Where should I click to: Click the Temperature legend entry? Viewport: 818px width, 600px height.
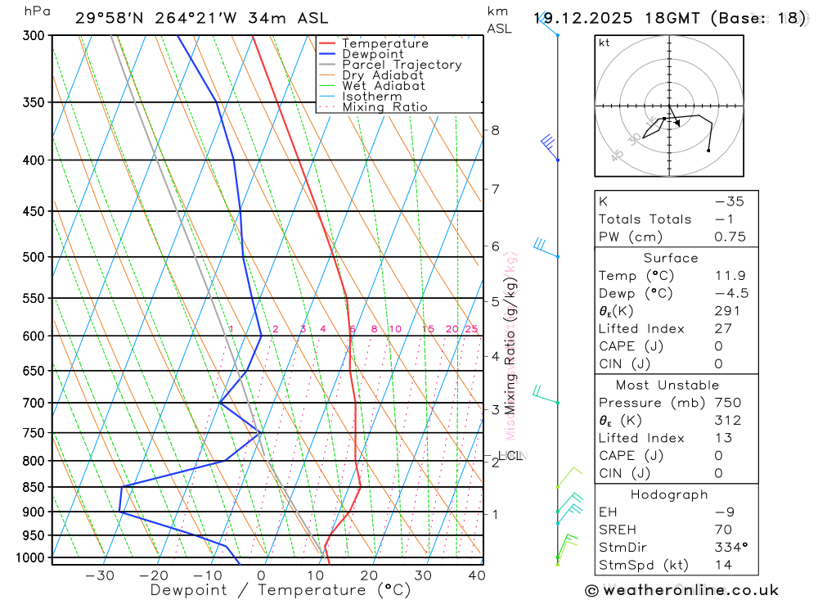point(384,43)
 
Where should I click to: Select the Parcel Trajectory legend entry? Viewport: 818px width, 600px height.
point(402,65)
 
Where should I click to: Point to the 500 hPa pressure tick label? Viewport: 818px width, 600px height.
point(33,257)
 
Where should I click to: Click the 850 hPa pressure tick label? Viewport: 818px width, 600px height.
point(33,487)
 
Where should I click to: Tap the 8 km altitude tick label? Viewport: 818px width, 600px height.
point(495,130)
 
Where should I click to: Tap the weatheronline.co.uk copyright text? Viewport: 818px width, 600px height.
point(682,590)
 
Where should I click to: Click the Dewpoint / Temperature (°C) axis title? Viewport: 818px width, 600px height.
point(281,589)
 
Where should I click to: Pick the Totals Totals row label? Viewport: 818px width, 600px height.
point(645,219)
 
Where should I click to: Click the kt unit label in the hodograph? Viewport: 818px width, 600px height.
point(605,43)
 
